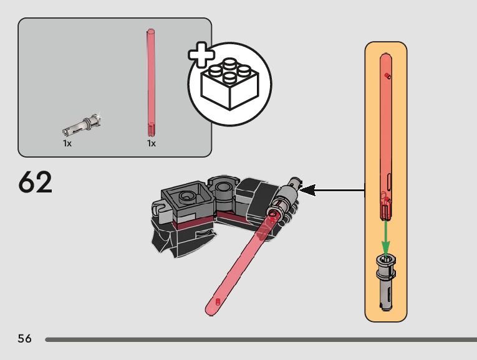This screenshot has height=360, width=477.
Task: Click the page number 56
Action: point(24,339)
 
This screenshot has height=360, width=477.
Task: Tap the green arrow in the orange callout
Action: point(386,237)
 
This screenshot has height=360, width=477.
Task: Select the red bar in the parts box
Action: point(150,81)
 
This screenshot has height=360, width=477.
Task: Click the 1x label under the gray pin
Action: point(67,143)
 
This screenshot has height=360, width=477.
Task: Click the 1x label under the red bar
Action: point(151,143)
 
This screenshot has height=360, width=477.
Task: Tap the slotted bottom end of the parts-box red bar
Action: point(151,130)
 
